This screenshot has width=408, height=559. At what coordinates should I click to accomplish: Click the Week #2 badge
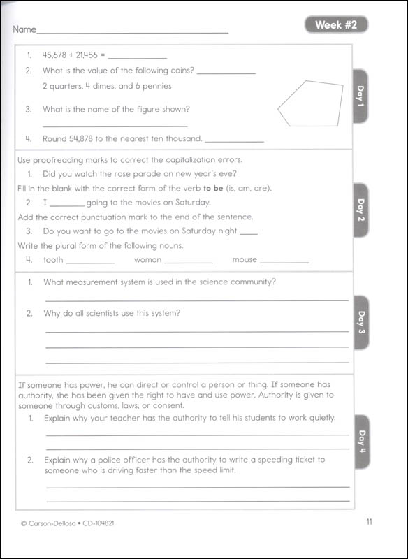coord(335,25)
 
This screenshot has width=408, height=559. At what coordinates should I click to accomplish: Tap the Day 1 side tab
coord(360,96)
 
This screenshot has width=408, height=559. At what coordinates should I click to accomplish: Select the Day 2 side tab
coord(360,210)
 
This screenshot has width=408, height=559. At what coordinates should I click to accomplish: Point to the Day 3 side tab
coord(360,323)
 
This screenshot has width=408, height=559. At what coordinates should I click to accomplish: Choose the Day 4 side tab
coord(360,442)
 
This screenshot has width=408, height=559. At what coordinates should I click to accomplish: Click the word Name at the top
coord(23,30)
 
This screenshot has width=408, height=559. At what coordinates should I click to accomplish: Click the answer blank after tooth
coord(90,261)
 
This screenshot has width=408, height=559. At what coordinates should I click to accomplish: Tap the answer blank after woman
coord(188,261)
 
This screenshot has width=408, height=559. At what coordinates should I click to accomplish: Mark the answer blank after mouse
coord(284,261)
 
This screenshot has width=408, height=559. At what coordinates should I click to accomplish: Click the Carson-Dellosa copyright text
coord(63,522)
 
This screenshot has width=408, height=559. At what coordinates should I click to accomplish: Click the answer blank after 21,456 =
coord(138,56)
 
